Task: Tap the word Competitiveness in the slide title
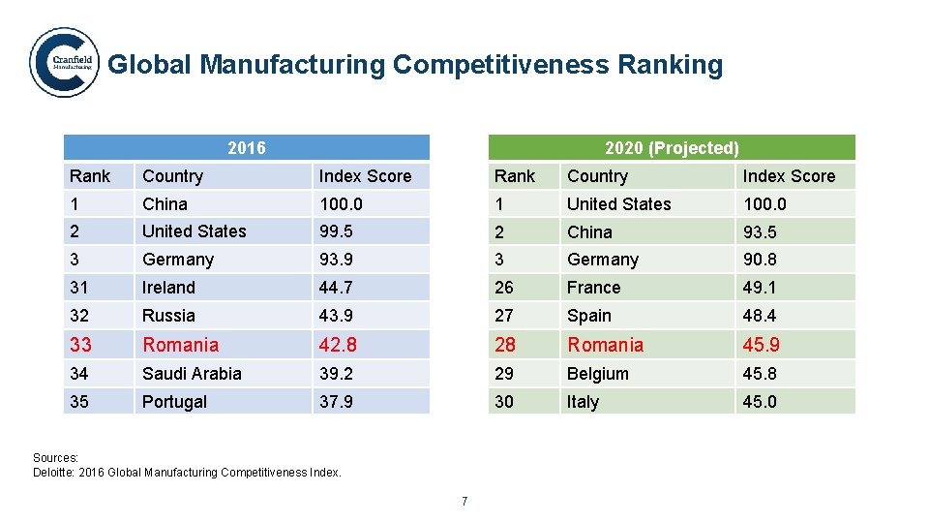(499, 65)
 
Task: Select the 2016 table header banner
(247, 148)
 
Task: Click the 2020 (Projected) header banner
(672, 148)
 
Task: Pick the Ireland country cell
(168, 288)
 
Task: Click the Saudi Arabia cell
(192, 374)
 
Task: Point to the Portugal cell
(174, 402)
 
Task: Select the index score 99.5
(336, 231)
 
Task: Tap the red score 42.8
(338, 345)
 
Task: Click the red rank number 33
(80, 345)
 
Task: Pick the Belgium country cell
(597, 374)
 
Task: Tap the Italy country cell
(583, 402)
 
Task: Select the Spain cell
(588, 316)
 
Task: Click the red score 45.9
(762, 345)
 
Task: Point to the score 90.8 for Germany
(760, 260)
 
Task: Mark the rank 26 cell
(504, 288)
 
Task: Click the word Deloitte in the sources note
(55, 473)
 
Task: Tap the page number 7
(464, 501)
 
